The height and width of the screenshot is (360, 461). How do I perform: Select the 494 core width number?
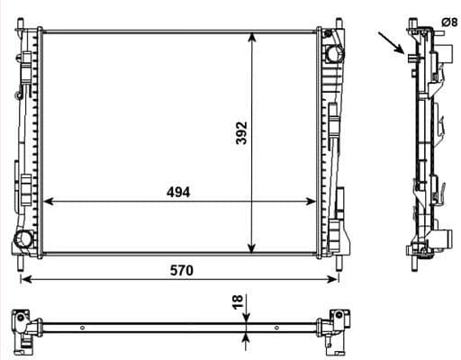point(177,192)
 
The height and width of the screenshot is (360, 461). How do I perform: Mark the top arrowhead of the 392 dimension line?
point(252,36)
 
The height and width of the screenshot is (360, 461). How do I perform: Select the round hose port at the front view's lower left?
point(24,238)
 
